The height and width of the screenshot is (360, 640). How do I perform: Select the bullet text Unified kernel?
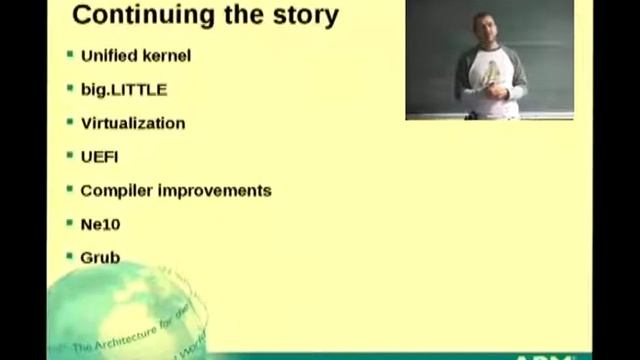point(135,55)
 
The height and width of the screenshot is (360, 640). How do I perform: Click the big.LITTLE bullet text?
point(123,89)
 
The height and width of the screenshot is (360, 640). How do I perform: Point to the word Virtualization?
point(132,123)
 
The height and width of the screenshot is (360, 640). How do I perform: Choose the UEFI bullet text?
point(99,156)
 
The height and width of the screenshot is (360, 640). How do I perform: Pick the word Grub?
point(100,257)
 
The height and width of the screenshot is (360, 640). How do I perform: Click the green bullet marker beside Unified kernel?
point(70,54)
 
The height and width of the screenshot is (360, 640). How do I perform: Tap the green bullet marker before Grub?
point(70,256)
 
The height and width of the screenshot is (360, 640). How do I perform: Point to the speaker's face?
point(485,30)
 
